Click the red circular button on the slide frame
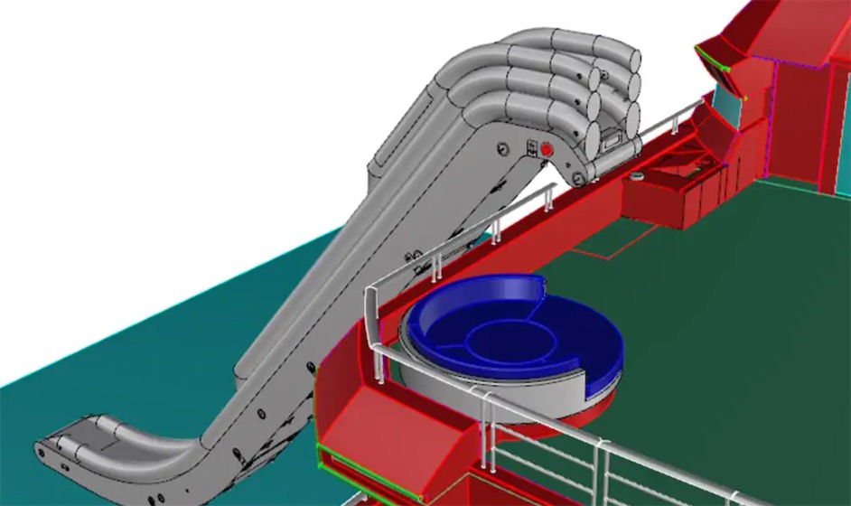[546, 148]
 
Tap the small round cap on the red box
[637, 174]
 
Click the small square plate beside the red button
[532, 146]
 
